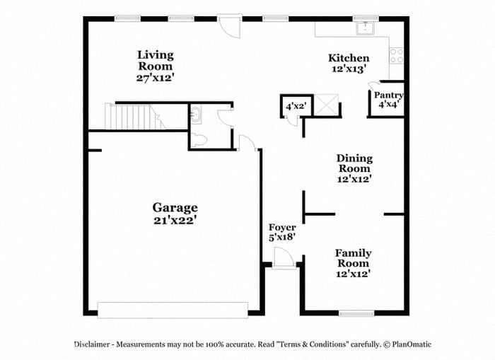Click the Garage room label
point(175,208)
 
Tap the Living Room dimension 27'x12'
point(156,78)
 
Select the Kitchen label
point(349,58)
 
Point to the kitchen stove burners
point(397,56)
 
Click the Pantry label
point(389,95)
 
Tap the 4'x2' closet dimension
point(296,106)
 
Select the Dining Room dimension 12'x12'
point(354,179)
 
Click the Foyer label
point(282,227)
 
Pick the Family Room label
point(354,258)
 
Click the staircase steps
point(135,117)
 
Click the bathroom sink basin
point(197,115)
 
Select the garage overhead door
point(173,310)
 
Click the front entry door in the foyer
point(284,258)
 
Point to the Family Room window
point(356,313)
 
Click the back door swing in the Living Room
point(230,27)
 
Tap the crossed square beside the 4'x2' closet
point(327,105)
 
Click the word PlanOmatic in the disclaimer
point(412,344)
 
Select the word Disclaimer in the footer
point(92,344)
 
